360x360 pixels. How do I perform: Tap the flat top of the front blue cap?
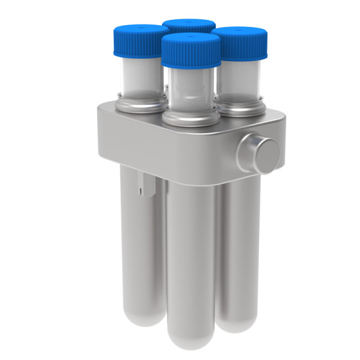point(191,39)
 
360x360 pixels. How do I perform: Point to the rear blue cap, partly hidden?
point(188,25)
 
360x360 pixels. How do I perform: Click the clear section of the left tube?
point(139,75)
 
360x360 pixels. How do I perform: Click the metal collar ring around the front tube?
point(191,116)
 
